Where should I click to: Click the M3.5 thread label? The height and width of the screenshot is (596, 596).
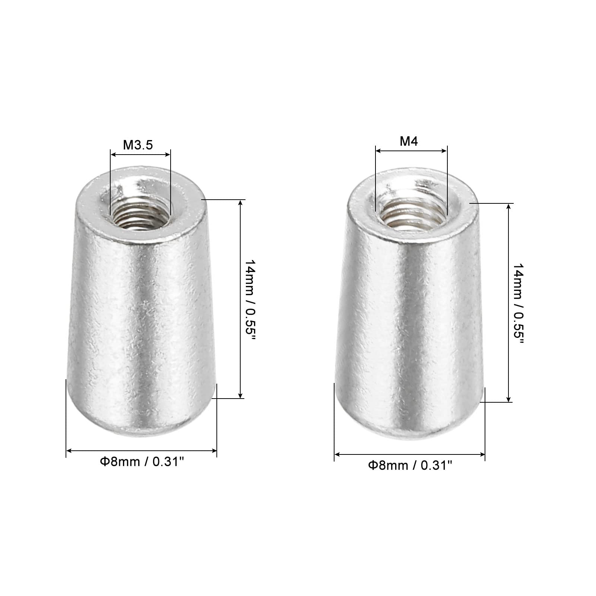(x=138, y=145)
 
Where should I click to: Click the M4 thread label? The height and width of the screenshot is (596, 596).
(x=409, y=141)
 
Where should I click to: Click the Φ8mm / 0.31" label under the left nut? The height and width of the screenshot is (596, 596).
(x=142, y=462)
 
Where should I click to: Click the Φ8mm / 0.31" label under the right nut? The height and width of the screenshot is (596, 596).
(x=410, y=465)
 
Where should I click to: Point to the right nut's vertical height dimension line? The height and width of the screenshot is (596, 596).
(x=509, y=302)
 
